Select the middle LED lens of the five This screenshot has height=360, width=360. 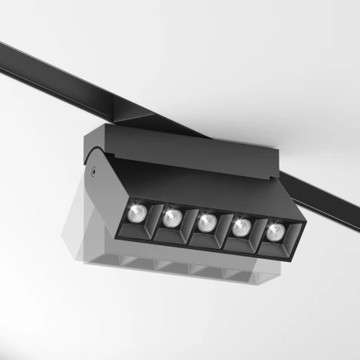[x=205, y=222]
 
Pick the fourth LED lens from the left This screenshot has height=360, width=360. [x=241, y=227]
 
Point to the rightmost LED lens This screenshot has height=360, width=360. [x=273, y=231]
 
